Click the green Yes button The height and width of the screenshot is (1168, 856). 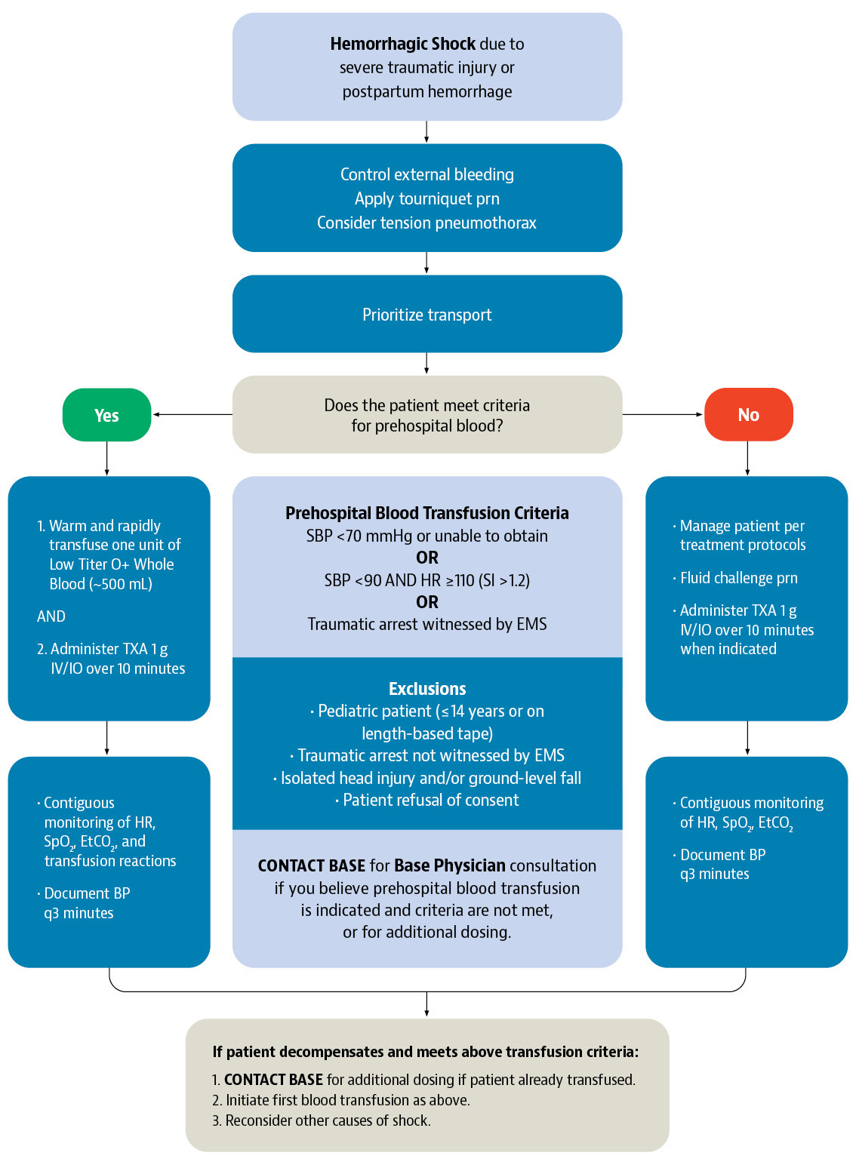click(x=106, y=415)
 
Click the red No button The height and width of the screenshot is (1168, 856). click(x=748, y=415)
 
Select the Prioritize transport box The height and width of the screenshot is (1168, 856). click(x=427, y=315)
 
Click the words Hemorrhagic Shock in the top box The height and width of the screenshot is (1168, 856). click(x=402, y=44)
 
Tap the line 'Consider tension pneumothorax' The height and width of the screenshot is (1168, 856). click(x=427, y=223)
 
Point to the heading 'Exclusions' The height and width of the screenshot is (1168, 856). click(x=427, y=689)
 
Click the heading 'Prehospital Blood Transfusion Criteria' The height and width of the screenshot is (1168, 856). click(x=427, y=513)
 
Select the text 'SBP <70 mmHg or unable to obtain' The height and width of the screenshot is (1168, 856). click(x=427, y=536)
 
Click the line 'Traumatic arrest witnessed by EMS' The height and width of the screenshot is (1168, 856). click(x=427, y=624)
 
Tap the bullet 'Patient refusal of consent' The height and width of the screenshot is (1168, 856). click(x=430, y=800)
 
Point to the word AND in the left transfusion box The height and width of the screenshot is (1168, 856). click(x=51, y=616)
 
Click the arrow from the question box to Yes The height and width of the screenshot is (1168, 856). click(x=192, y=414)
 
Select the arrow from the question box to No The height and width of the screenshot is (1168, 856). click(x=663, y=414)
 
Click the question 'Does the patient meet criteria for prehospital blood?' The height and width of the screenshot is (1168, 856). click(x=427, y=415)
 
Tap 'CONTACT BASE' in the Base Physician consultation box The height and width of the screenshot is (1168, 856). click(x=312, y=865)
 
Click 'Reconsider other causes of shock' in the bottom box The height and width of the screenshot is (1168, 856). click(x=328, y=1120)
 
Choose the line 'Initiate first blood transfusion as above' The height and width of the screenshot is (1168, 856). click(x=347, y=1100)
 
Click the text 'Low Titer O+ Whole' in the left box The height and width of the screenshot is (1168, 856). click(x=112, y=564)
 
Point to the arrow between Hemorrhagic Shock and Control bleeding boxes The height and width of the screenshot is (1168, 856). click(x=426, y=132)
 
